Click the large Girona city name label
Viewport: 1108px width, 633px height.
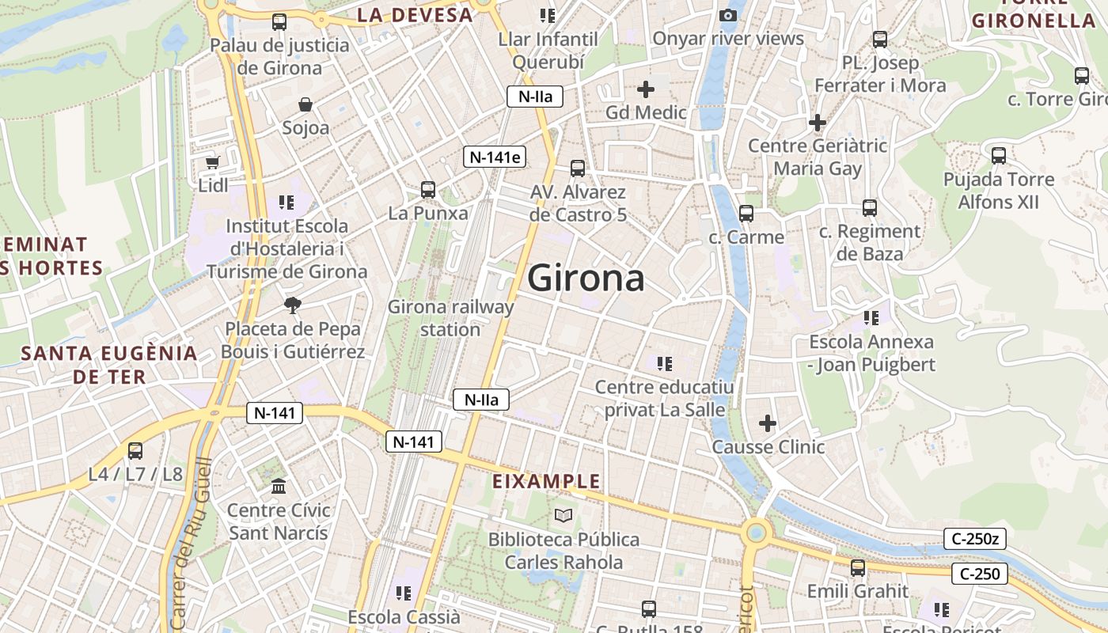click(586, 279)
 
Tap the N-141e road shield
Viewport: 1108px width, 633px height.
click(495, 157)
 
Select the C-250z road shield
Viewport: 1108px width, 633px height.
click(975, 540)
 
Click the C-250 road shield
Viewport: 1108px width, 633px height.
click(980, 574)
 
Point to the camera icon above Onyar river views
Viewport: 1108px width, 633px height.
click(728, 15)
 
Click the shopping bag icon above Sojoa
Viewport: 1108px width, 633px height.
click(305, 104)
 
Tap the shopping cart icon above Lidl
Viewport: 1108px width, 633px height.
click(212, 162)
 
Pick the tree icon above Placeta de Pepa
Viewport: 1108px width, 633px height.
click(293, 305)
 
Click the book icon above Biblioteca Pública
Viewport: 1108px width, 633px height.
click(563, 516)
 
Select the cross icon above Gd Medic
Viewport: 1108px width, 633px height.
click(646, 89)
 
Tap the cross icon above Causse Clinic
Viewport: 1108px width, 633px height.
click(768, 423)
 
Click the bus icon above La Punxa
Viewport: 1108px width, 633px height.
click(428, 190)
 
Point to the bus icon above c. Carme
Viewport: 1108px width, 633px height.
click(746, 214)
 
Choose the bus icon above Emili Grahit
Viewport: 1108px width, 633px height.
click(858, 568)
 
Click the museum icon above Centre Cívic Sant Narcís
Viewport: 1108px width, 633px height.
click(279, 487)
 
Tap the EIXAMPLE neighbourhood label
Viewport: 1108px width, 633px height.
click(546, 481)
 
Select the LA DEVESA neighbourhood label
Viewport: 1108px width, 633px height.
click(415, 14)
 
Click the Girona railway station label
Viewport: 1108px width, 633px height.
click(450, 317)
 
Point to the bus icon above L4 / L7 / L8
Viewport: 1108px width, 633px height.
click(135, 451)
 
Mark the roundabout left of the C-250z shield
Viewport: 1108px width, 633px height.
click(757, 531)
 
